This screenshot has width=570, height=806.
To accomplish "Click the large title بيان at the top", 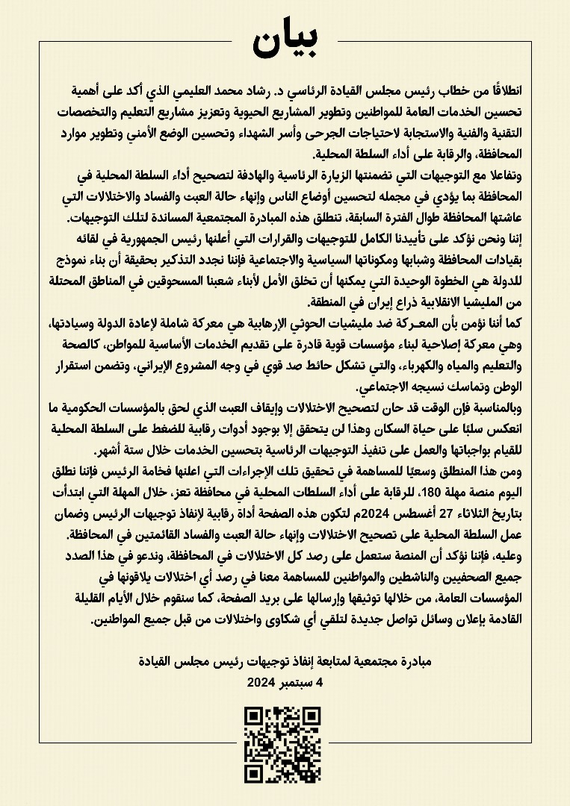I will pyautogui.click(x=285, y=43).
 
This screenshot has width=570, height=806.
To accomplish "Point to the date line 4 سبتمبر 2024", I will pyautogui.click(x=284, y=682).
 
